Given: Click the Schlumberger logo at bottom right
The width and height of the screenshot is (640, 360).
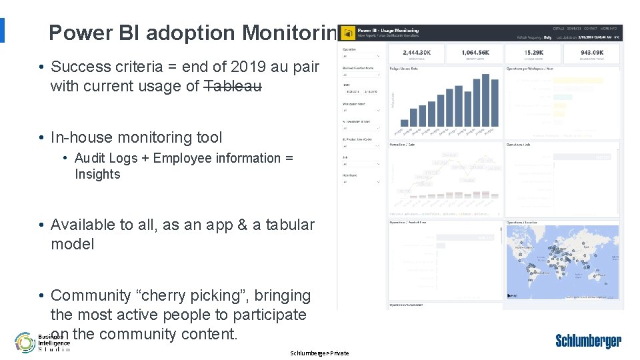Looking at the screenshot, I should [588, 341].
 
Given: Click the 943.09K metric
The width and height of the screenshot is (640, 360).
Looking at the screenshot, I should [593, 52].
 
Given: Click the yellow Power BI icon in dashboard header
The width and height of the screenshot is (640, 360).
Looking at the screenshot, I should [347, 33].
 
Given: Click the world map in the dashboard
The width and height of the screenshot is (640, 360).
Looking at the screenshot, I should [562, 262].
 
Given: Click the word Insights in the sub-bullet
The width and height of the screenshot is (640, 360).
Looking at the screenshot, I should [97, 174].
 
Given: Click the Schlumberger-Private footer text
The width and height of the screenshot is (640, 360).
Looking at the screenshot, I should [319, 353].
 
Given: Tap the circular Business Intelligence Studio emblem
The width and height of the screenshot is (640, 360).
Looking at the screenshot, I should [25, 342].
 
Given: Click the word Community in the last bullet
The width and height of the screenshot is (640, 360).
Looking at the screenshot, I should [88, 295].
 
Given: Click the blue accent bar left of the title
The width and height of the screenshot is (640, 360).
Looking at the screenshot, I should [2, 30].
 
